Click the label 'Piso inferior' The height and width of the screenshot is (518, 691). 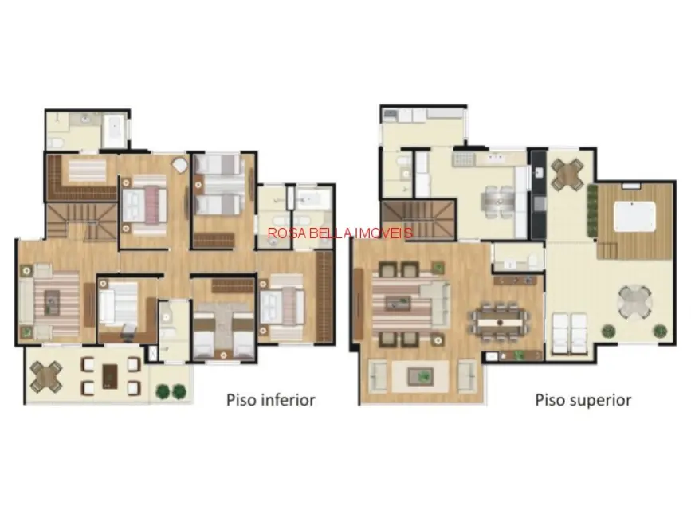pos(270,399)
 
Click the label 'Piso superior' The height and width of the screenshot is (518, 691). pos(583,399)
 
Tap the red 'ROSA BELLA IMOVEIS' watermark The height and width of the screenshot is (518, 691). pos(340,233)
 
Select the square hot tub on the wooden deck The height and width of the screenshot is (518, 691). pos(634,216)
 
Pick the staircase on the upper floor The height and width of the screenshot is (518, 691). pos(418,219)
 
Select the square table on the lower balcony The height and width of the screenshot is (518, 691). pos(46,377)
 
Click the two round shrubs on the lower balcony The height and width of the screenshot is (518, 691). pos(171,391)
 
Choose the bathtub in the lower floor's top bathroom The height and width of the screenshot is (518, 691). pos(114,131)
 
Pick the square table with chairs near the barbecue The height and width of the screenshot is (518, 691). pos(567,175)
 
